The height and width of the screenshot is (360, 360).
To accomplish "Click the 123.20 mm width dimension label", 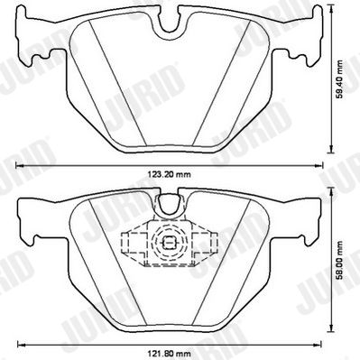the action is click(169, 174).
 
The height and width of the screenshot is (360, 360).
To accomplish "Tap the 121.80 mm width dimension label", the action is click(169, 353).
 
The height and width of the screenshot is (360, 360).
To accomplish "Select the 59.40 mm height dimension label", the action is click(339, 79).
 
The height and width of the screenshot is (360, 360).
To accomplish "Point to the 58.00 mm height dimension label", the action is click(339, 261).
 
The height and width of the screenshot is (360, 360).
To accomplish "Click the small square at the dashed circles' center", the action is click(169, 243).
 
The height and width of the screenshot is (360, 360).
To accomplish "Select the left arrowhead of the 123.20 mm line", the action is click(19, 165).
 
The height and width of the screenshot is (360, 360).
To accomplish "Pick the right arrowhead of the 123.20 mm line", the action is click(319, 165).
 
